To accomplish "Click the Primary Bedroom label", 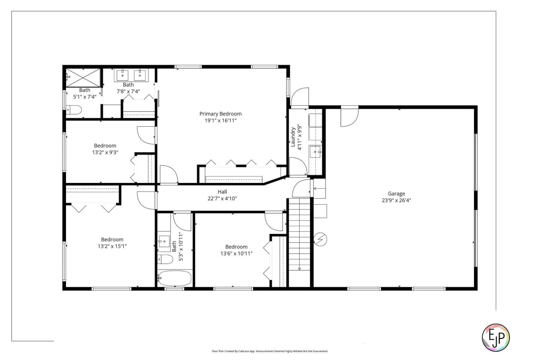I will tap(220, 114).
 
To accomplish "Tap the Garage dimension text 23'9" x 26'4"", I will tap(396, 200).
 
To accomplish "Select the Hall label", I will tap(222, 192).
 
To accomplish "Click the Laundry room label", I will tap(293, 137).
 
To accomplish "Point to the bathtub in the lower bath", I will tap(175, 279).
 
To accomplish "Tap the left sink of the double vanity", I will tap(122, 75).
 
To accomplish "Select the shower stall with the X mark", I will tap(83, 77).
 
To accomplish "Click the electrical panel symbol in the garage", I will tap(321, 239).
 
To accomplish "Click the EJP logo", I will tap(495, 337).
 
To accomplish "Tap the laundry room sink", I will tap(315, 152).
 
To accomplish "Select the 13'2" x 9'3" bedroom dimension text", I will tap(105, 153).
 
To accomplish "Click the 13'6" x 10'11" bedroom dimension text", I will tap(236, 253).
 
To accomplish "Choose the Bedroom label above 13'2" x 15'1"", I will tap(112, 240).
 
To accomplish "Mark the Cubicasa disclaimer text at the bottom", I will tap(270, 351).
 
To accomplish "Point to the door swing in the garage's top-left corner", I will tap(349, 117).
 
